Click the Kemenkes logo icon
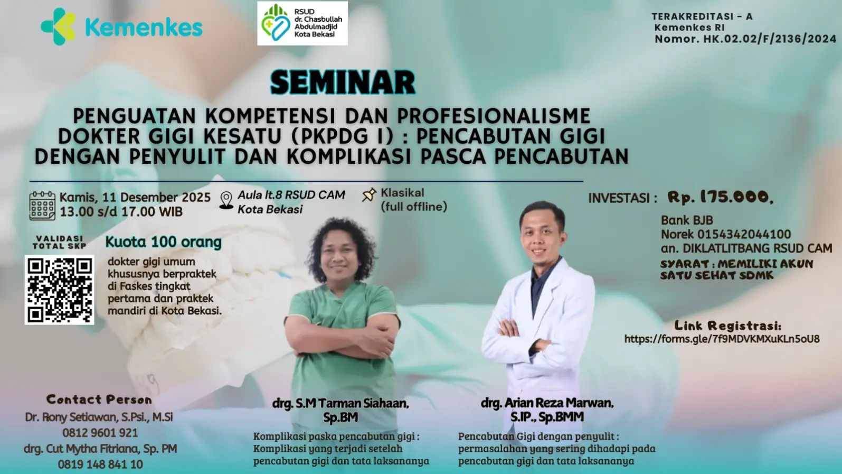pos(58,26)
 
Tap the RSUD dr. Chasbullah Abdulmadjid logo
pos(302,23)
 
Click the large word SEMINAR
pos(343,82)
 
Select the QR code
pos(60,290)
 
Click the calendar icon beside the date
pos(42,206)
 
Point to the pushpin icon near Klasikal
pos(369,195)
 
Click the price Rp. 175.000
pos(720,197)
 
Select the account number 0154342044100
pos(744,235)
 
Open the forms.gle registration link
pos(722,339)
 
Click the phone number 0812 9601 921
pos(100,433)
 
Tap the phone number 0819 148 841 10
pos(100,464)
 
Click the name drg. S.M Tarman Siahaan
pos(340,403)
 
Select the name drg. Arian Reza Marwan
pos(547,403)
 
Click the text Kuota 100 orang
pos(163,242)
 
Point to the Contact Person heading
pos(99,399)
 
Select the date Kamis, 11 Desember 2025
pos(135,197)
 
